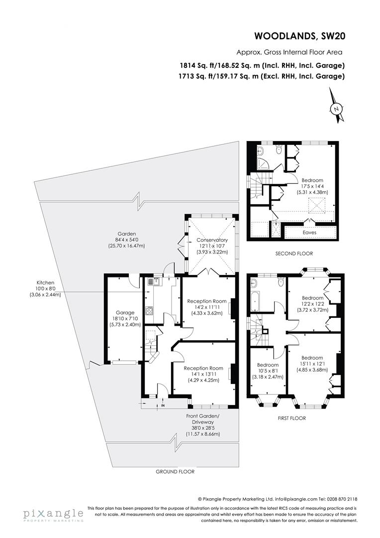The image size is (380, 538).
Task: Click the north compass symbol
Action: (337, 108)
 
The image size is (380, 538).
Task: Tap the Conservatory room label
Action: (211, 240)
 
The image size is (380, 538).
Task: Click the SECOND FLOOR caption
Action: (294, 254)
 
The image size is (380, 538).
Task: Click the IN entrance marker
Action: (163, 406)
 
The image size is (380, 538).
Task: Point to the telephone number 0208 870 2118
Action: (341, 499)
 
